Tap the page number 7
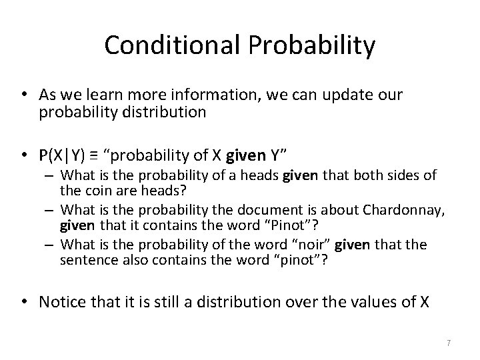(x=449, y=343)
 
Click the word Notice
(x=61, y=302)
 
